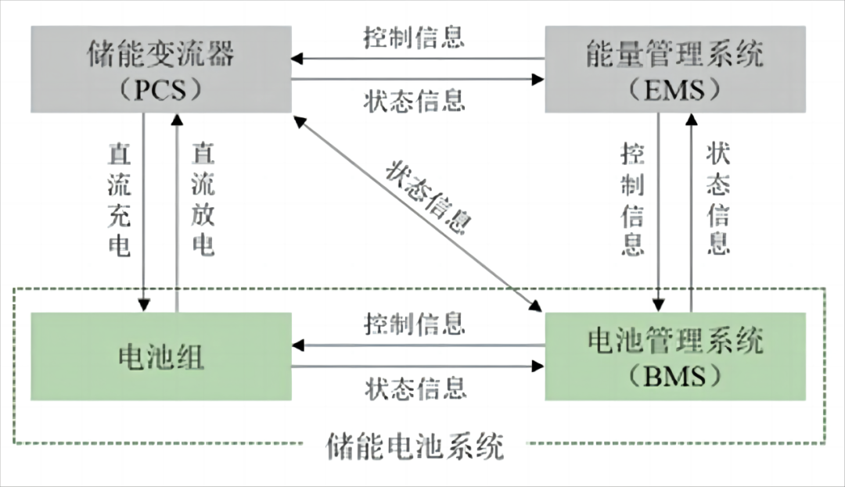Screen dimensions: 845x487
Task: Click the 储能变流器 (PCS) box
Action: pyautogui.click(x=161, y=70)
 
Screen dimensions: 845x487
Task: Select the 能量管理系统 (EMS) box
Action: pyautogui.click(x=675, y=70)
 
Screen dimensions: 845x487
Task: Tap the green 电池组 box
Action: pyautogui.click(x=161, y=356)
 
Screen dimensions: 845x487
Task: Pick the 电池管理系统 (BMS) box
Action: pyautogui.click(x=675, y=356)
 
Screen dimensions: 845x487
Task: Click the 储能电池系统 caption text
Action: pyautogui.click(x=415, y=446)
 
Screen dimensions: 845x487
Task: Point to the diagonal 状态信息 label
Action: pyautogui.click(x=429, y=197)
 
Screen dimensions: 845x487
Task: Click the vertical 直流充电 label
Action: pyautogui.click(x=119, y=199)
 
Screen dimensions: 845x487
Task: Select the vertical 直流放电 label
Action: pyautogui.click(x=203, y=199)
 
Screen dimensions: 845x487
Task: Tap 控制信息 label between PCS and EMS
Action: pyautogui.click(x=414, y=38)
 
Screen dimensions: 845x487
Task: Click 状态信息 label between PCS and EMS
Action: pyautogui.click(x=414, y=101)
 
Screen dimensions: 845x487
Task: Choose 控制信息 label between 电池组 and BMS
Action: pyautogui.click(x=415, y=324)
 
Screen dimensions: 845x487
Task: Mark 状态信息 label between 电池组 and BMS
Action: pyautogui.click(x=415, y=388)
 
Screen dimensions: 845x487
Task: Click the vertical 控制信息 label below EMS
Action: pyautogui.click(x=633, y=199)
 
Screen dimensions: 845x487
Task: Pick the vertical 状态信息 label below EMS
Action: pyautogui.click(x=718, y=199)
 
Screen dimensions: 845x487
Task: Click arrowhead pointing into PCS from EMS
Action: pyautogui.click(x=297, y=58)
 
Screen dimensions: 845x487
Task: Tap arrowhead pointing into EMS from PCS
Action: pyautogui.click(x=538, y=80)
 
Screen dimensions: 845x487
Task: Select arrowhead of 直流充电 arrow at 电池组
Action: pyautogui.click(x=144, y=306)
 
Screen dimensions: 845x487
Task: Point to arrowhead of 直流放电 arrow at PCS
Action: pyautogui.click(x=177, y=120)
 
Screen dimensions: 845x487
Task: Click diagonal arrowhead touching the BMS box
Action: pyautogui.click(x=536, y=306)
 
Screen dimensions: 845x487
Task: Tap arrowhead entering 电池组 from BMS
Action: pyautogui.click(x=297, y=345)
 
